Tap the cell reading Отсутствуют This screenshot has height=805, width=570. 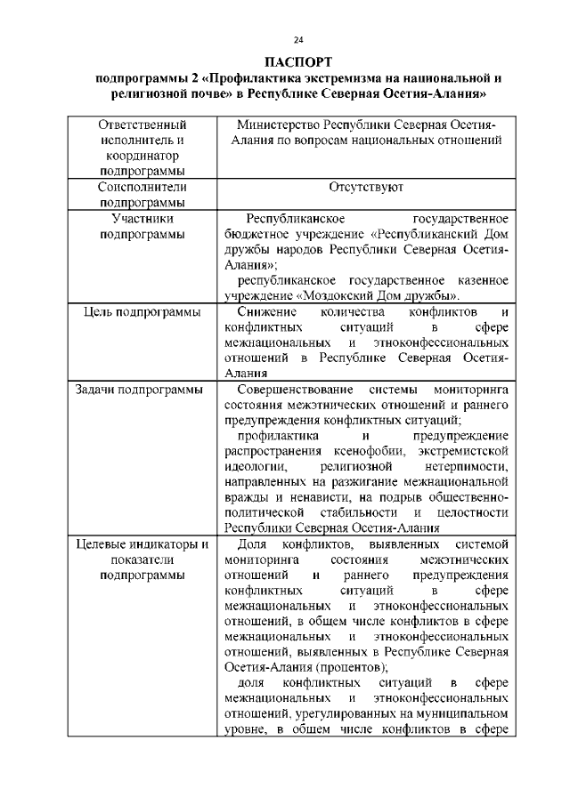pos(366,188)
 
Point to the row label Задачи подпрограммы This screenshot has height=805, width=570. pos(138,390)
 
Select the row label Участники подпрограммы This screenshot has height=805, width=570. pos(142,226)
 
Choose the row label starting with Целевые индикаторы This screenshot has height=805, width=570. pos(142,544)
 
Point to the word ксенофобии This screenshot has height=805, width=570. pos(359,451)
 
